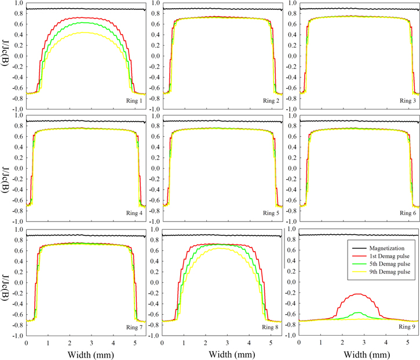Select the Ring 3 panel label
pyautogui.click(x=408, y=101)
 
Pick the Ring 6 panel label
pyautogui.click(x=408, y=214)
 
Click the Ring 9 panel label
pyautogui.click(x=408, y=328)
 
